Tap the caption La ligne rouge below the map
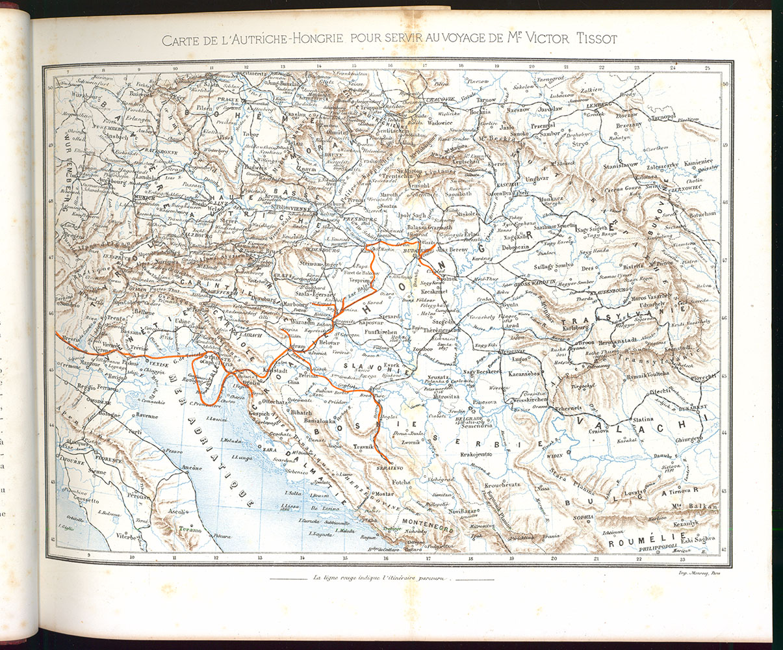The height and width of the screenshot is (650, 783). [x=381, y=578]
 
